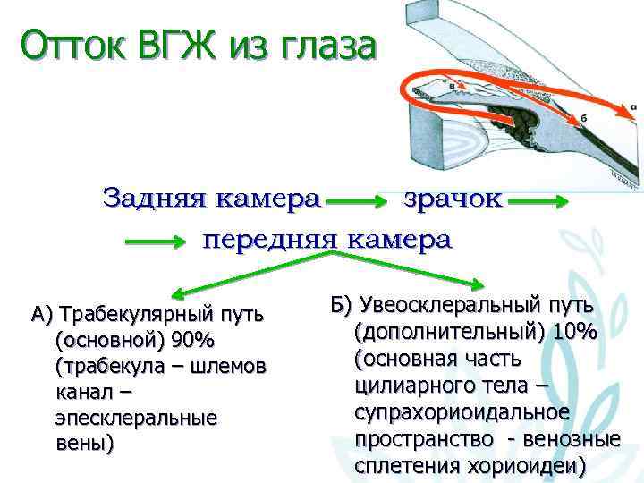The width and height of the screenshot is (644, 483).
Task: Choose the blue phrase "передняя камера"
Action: pos(328,241)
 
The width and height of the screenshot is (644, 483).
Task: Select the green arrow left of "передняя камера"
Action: pos(157,241)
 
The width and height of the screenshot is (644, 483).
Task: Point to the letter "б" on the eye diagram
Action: pos(582,117)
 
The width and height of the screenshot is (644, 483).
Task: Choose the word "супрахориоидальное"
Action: pos(462,412)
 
